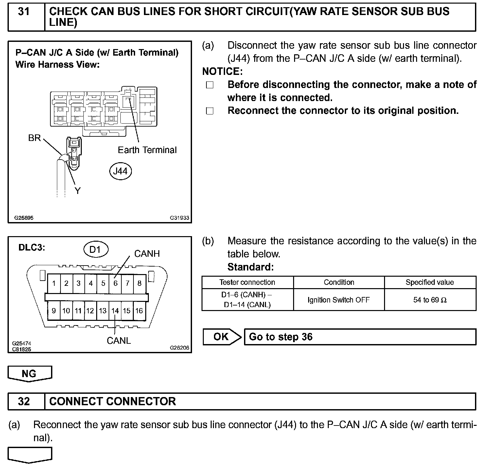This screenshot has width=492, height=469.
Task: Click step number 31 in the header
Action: [x=24, y=12]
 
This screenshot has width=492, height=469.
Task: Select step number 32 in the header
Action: [x=24, y=401]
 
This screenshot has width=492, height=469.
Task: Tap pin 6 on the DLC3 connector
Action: [x=115, y=283]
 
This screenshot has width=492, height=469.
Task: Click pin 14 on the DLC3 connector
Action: [x=115, y=311]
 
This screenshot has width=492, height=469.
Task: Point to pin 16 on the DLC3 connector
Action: [x=139, y=311]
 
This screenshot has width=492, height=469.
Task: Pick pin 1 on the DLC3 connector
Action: [x=54, y=283]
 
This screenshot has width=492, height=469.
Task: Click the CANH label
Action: [x=147, y=254]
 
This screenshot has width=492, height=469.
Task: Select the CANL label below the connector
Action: [x=119, y=341]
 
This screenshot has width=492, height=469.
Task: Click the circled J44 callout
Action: [x=120, y=171]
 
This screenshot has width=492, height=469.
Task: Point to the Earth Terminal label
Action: [x=147, y=150]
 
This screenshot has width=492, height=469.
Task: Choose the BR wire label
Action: [x=34, y=138]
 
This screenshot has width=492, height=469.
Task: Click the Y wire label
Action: [x=78, y=191]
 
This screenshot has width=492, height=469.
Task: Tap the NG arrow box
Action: [x=29, y=374]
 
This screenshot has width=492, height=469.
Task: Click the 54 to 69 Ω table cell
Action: [x=430, y=300]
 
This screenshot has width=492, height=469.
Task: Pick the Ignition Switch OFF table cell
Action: [x=339, y=300]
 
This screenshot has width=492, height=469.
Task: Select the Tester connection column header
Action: [x=247, y=283]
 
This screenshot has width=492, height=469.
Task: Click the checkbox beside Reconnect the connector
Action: [x=210, y=111]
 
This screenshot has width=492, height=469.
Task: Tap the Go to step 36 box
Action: [x=360, y=337]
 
